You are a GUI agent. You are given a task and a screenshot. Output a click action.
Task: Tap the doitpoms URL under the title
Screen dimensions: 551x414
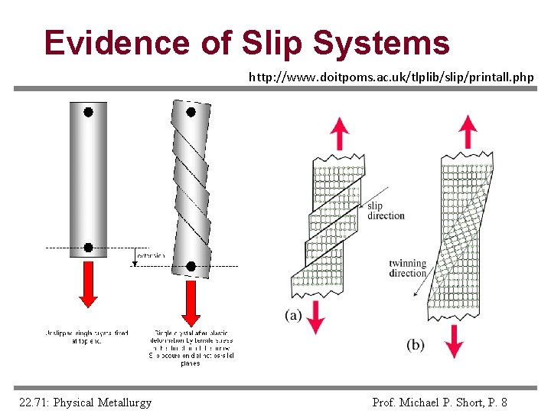(391, 77)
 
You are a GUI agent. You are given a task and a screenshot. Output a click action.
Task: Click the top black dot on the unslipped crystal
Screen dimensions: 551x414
(89, 112)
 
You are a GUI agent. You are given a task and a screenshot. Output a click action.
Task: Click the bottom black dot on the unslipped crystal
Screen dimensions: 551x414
(89, 248)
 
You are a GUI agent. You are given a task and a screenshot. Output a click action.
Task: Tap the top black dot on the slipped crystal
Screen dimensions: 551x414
(191, 112)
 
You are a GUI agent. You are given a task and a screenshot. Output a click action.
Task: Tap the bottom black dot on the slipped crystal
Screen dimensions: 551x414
(191, 267)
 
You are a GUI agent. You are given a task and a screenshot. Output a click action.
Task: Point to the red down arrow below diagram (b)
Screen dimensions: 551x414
(455, 341)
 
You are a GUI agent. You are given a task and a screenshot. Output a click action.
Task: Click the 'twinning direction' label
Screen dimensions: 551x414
(407, 268)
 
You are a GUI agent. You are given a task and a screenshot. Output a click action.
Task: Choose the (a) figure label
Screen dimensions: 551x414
(292, 315)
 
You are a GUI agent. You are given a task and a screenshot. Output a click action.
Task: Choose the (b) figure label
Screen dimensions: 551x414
(415, 345)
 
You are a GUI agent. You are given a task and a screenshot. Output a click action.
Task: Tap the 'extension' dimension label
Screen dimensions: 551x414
(150, 255)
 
